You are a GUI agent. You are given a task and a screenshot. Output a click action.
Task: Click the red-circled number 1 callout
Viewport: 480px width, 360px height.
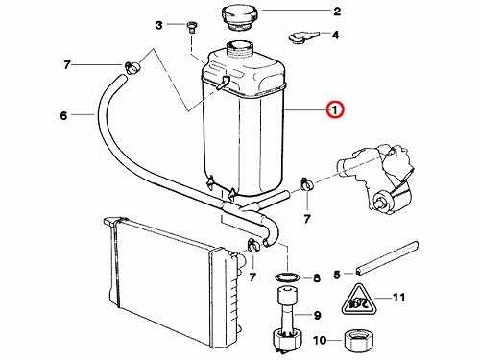click(334, 110)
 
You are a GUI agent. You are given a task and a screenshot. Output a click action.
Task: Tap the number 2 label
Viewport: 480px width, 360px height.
click(337, 12)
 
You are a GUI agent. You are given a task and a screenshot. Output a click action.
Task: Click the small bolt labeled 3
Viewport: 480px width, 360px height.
click(191, 28)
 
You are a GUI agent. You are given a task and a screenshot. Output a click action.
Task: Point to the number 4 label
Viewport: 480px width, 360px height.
click(335, 35)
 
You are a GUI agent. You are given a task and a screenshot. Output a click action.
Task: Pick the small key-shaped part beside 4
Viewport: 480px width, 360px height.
click(303, 37)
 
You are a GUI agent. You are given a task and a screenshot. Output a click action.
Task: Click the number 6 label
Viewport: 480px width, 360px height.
click(63, 115)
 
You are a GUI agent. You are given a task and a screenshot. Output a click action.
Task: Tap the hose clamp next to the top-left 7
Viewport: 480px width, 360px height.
click(132, 67)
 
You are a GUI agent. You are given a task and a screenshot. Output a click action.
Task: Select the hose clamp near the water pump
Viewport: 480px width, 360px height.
click(307, 184)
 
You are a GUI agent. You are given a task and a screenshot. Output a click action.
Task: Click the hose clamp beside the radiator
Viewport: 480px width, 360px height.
click(253, 246)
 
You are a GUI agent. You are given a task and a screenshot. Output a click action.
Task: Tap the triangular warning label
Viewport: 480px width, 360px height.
click(358, 300)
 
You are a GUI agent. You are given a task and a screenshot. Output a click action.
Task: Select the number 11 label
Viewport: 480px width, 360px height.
click(398, 298)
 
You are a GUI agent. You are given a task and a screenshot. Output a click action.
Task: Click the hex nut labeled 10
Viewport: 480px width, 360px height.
click(360, 341)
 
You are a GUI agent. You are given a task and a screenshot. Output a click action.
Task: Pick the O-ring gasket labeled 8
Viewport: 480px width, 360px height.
click(288, 277)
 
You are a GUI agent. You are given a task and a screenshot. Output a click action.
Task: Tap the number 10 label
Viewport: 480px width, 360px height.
click(320, 341)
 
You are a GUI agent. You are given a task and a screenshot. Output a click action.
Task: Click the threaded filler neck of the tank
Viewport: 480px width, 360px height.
click(240, 49)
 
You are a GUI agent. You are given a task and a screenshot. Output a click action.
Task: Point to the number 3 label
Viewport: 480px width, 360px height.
click(159, 25)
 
